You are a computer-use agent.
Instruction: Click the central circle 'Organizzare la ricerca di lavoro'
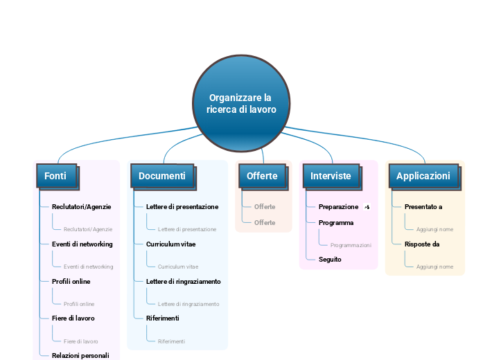241,104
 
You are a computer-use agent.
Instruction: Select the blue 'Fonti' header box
56,176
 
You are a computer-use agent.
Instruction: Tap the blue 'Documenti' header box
162,176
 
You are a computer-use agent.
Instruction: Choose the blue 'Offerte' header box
262,176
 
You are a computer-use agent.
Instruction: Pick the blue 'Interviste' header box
331,176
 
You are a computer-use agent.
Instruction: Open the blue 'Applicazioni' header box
423,176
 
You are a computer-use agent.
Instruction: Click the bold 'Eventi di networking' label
82,244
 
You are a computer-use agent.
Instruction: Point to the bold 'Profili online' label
71,282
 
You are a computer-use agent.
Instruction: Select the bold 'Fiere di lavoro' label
73,318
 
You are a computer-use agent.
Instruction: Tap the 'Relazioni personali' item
80,355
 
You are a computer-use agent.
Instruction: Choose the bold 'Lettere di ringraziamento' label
183,282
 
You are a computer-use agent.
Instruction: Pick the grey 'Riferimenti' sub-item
171,341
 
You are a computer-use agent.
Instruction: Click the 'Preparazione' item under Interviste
338,207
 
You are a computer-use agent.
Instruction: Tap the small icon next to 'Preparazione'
367,207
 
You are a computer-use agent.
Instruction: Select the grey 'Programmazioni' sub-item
351,245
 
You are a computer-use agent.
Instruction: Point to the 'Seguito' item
330,260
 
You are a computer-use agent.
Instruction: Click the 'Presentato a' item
423,207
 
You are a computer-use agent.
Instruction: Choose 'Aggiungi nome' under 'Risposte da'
434,267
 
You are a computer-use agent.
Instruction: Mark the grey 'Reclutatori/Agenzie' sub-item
88,229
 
